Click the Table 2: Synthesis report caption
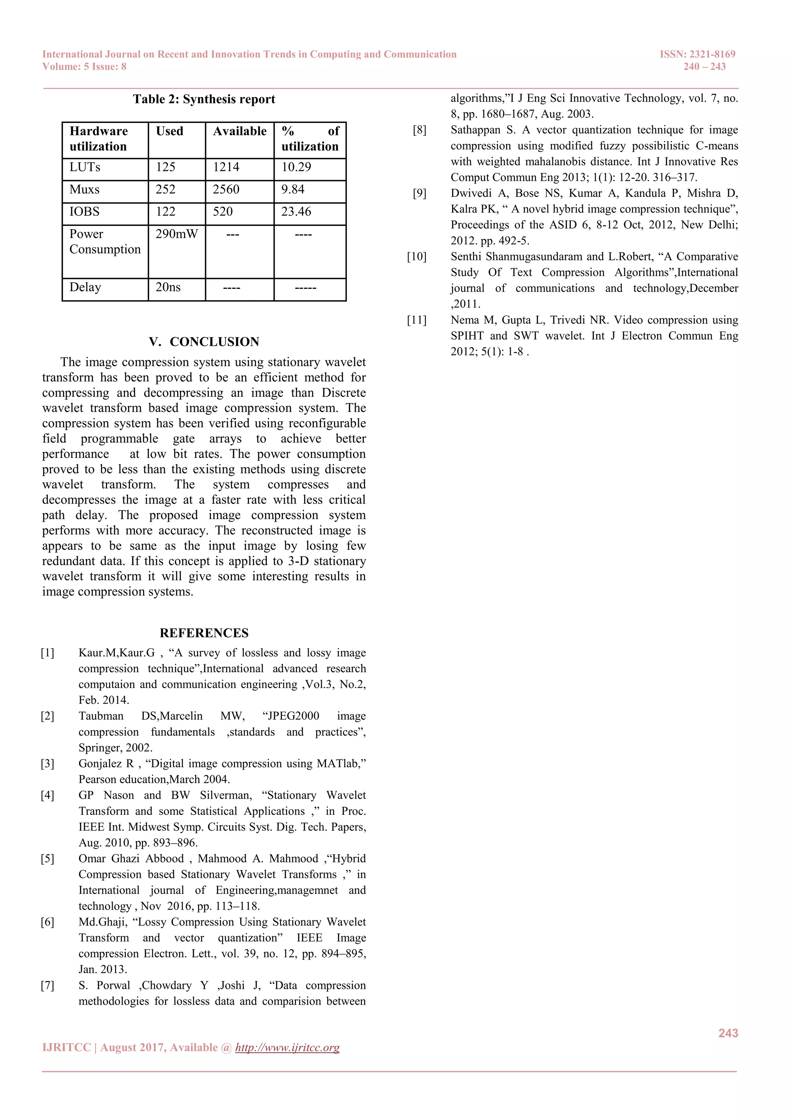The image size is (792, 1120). [x=204, y=99]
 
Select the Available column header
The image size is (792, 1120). [x=239, y=131]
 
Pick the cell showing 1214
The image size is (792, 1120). [x=226, y=167]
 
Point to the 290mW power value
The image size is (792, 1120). [x=177, y=234]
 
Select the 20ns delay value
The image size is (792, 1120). [x=168, y=287]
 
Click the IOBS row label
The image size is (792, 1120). [x=84, y=212]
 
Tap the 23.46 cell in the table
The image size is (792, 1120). [x=296, y=212]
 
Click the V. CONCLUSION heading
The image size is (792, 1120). [x=204, y=341]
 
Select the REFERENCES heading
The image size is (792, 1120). [x=204, y=633]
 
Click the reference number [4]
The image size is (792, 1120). [x=47, y=796]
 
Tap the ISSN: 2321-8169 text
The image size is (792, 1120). [x=697, y=54]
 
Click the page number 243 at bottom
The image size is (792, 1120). [x=728, y=1033]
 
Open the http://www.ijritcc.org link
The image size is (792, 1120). [x=287, y=1048]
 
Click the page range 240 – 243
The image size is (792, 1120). [x=704, y=67]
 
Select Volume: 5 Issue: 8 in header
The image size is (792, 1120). [x=84, y=67]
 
